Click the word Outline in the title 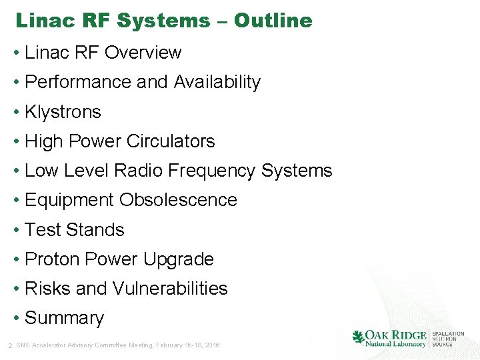273,21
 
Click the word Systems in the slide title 163,21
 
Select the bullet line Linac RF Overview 103,53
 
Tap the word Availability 217,82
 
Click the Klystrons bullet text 63,112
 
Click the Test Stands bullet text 75,230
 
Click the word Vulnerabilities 170,289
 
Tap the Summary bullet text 64,318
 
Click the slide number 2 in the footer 9,345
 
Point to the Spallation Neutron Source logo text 447,338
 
